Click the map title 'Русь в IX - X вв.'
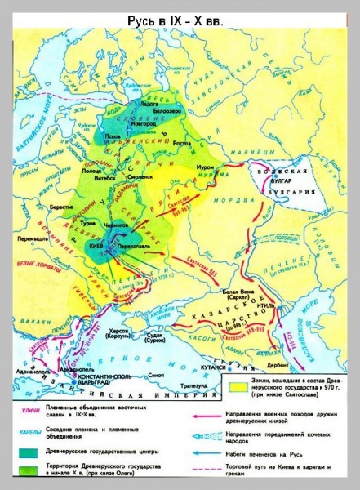(x=180, y=17)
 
